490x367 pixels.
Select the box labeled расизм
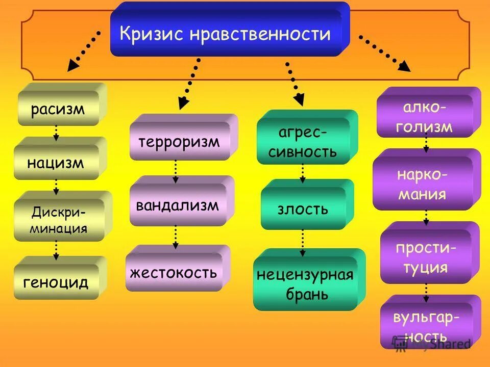[x=59, y=108]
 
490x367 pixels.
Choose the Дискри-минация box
[x=59, y=220]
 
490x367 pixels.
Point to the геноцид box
[x=56, y=281]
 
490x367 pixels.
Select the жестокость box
[x=174, y=272]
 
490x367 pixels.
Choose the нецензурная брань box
[x=305, y=283]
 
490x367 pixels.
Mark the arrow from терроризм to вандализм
[x=176, y=171]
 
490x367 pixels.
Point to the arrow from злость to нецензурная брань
[x=303, y=242]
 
